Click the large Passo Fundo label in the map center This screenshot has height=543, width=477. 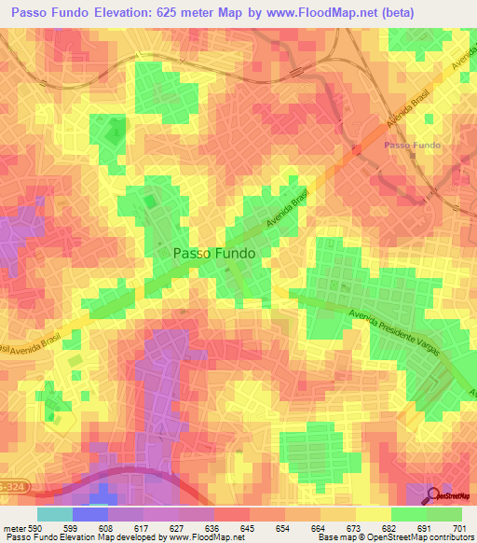[x=214, y=252]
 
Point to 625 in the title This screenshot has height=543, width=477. [x=176, y=11]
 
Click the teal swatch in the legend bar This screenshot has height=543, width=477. [x=54, y=514]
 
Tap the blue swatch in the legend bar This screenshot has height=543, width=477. [x=89, y=514]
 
